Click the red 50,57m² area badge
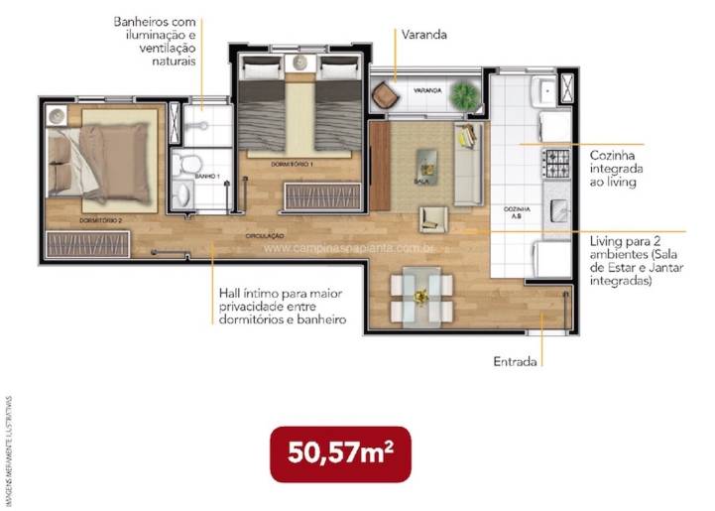tap(340, 454)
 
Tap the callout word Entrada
tap(515, 362)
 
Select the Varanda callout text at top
tap(424, 35)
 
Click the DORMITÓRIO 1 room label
tap(293, 163)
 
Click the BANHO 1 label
tap(206, 176)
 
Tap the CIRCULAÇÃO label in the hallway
tap(266, 236)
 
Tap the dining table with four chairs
tap(421, 295)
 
